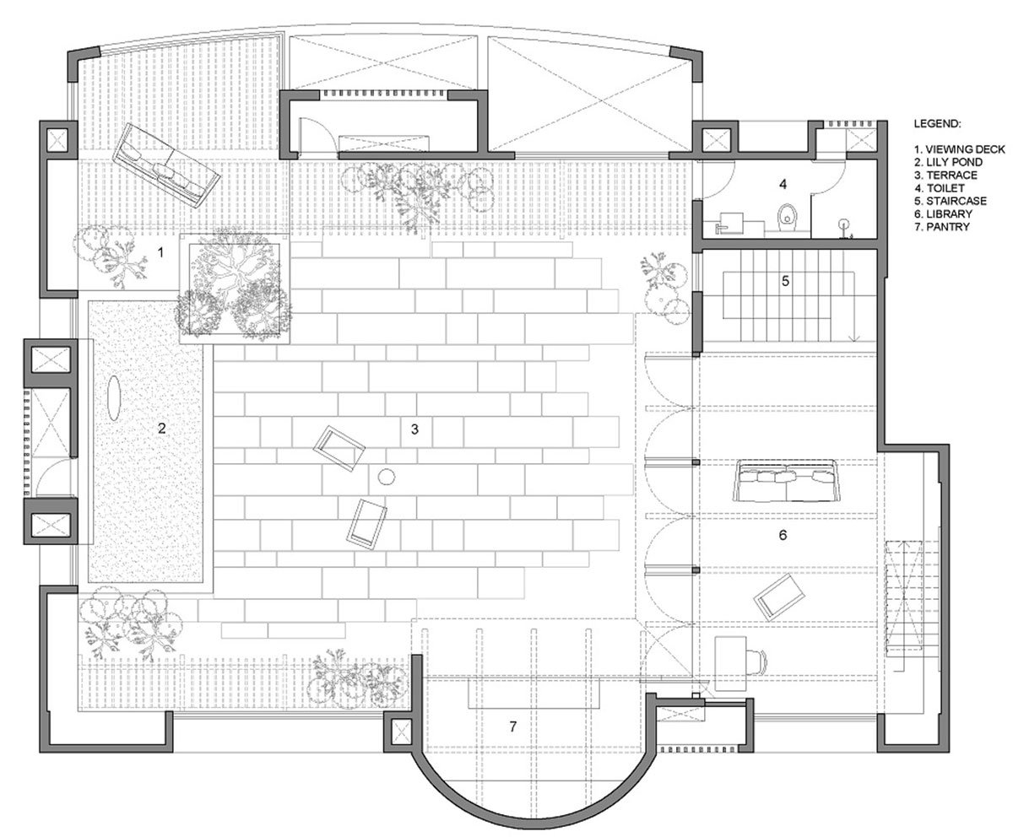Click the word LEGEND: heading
coord(936,123)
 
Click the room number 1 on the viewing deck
coord(162,250)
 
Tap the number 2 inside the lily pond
coord(161,428)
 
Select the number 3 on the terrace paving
coord(414,429)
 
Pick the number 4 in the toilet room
coord(783,183)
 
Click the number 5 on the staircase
coord(785,281)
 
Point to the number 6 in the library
coord(783,534)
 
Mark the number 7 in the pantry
coord(512,726)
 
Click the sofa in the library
coord(786,481)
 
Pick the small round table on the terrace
coord(387,478)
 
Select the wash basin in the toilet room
coord(729,224)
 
